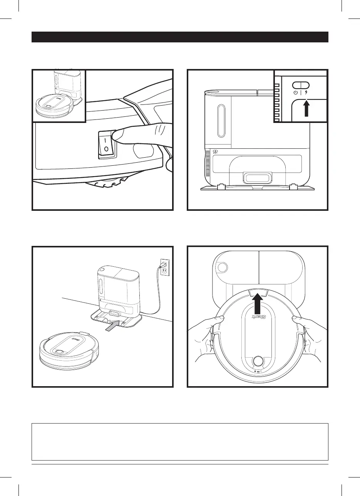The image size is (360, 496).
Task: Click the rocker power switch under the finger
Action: point(106,143)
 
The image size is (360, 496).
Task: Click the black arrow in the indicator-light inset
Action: point(307,108)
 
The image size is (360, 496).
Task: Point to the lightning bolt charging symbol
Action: point(306,92)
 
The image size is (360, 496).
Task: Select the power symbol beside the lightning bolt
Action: point(295,92)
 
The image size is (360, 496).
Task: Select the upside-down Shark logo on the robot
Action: point(259,318)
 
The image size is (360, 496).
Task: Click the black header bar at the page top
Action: point(180,37)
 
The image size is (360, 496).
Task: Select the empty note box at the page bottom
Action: point(180,442)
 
